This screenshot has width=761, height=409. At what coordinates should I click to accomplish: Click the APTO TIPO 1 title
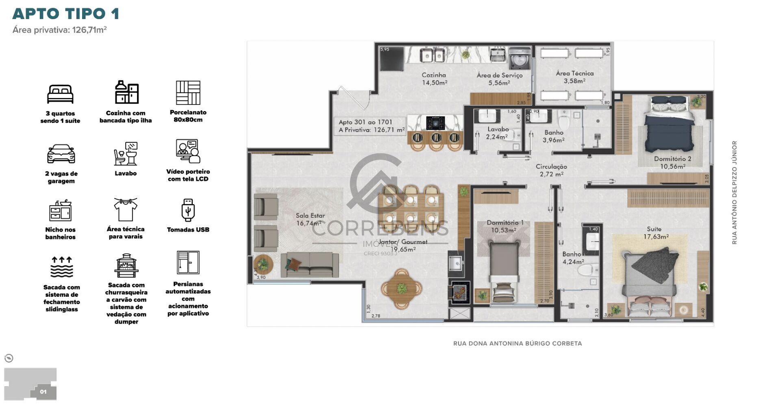tap(66, 13)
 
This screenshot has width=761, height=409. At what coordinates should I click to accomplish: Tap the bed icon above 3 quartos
tap(60, 94)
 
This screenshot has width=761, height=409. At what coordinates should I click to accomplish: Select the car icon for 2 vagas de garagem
tap(61, 154)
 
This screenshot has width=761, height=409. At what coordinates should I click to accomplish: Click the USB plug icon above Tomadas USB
tap(188, 210)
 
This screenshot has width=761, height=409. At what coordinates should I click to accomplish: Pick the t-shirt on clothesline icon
tap(126, 209)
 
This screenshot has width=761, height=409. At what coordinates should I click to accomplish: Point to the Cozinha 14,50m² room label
tap(434, 79)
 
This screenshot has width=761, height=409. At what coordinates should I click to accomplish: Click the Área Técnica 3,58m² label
tap(574, 77)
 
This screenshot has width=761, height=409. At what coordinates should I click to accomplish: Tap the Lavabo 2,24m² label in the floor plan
tap(498, 133)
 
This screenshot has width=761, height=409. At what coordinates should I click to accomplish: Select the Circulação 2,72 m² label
tap(551, 170)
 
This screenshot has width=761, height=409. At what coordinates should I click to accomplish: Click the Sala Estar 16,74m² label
tap(310, 219)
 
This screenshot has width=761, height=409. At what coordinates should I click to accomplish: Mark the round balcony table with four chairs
tap(402, 289)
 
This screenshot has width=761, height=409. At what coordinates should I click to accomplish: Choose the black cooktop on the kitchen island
tap(435, 122)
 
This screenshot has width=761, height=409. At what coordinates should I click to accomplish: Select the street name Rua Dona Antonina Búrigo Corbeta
tap(517, 344)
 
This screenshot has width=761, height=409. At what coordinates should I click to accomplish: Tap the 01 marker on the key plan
tap(43, 392)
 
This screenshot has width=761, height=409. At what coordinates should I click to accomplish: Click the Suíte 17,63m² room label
tap(655, 233)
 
